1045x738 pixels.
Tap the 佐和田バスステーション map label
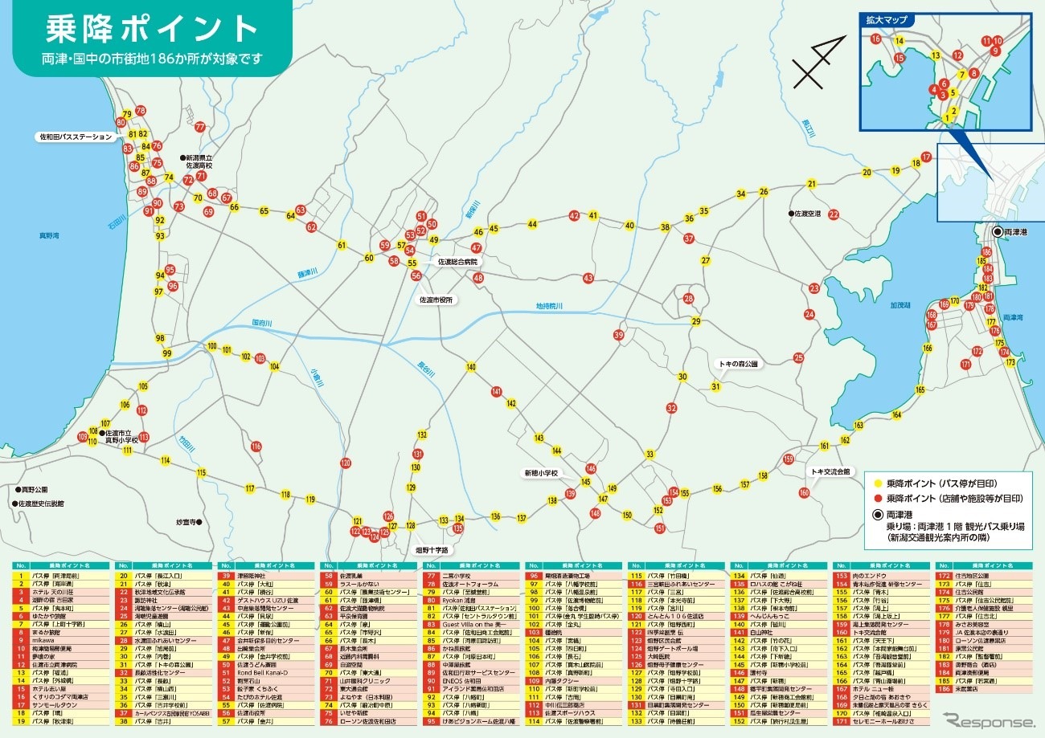point(76,137)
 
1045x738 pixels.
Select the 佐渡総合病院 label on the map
point(457,262)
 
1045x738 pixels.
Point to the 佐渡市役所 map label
point(436,300)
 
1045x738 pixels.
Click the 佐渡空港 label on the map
point(807,214)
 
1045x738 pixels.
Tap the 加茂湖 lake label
point(901,306)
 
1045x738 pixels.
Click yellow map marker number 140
point(471,367)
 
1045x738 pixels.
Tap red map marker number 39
point(619,335)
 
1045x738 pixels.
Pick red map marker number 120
point(346,463)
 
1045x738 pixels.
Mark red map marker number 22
point(834,214)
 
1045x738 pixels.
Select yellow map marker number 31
point(715,386)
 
